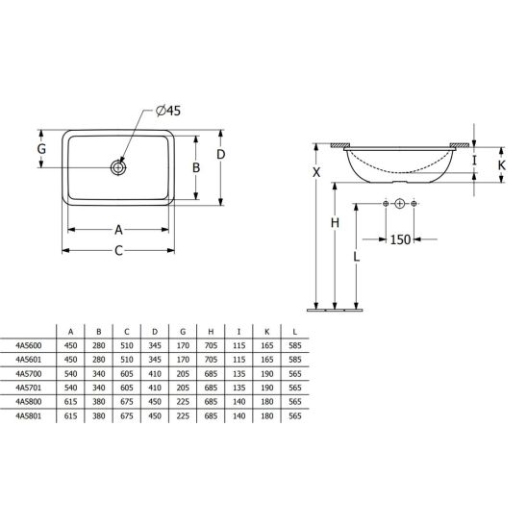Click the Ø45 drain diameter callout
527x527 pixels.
pyautogui.click(x=168, y=111)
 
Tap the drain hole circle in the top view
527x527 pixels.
pyautogui.click(x=118, y=167)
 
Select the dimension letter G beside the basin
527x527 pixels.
pyautogui.click(x=41, y=148)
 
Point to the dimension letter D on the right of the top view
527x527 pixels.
pyautogui.click(x=221, y=154)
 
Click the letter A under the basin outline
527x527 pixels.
pyautogui.click(x=118, y=230)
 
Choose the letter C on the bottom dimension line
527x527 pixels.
pyautogui.click(x=118, y=251)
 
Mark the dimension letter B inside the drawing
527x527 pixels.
pyautogui.click(x=196, y=167)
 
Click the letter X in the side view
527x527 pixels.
pyautogui.click(x=316, y=172)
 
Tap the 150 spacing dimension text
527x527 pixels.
pyautogui.click(x=400, y=239)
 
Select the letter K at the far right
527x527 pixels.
pyautogui.click(x=501, y=165)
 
